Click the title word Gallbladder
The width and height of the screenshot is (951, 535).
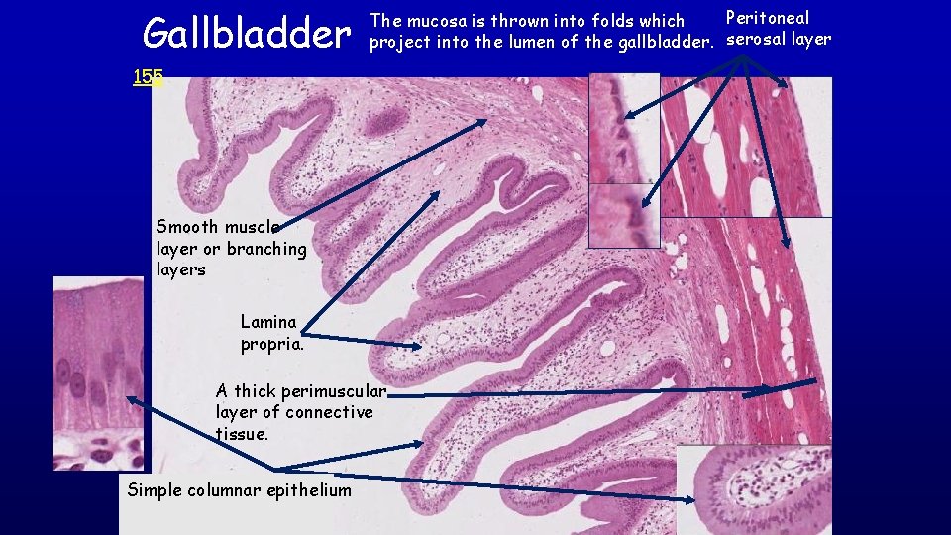coord(247,34)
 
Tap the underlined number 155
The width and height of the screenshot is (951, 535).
coord(148,76)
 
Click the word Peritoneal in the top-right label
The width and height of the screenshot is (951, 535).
coord(768,18)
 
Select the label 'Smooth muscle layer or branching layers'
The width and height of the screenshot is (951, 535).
coord(231,248)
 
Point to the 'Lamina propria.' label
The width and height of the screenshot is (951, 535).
coord(271,333)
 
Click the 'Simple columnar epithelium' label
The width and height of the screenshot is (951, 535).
coord(239,490)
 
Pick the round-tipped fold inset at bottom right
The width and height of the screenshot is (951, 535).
coord(753,489)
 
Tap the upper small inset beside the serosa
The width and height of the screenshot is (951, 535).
coord(623,129)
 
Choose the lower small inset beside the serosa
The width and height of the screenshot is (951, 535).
coord(623,215)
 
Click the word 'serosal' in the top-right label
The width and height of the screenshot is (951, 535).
coord(757,40)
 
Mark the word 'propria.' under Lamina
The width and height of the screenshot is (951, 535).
coord(272,344)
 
